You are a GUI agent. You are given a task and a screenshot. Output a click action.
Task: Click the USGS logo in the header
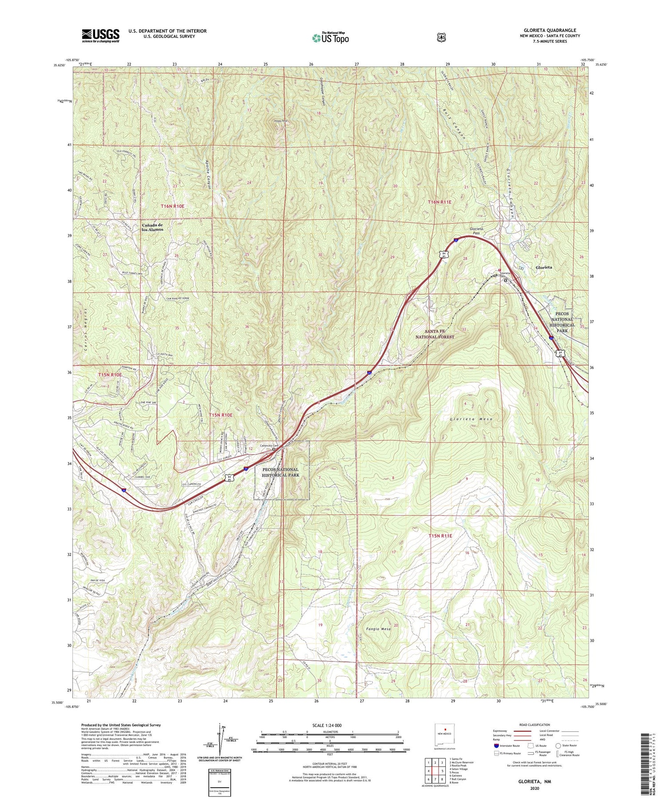click(100, 36)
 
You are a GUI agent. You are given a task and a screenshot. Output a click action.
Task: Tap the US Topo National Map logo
click(330, 38)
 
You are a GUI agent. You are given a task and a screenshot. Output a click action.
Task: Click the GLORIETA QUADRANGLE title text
click(550, 30)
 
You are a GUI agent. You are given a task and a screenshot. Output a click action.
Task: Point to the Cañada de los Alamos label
click(152, 227)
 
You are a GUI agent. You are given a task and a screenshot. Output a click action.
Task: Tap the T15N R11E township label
click(440, 536)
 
